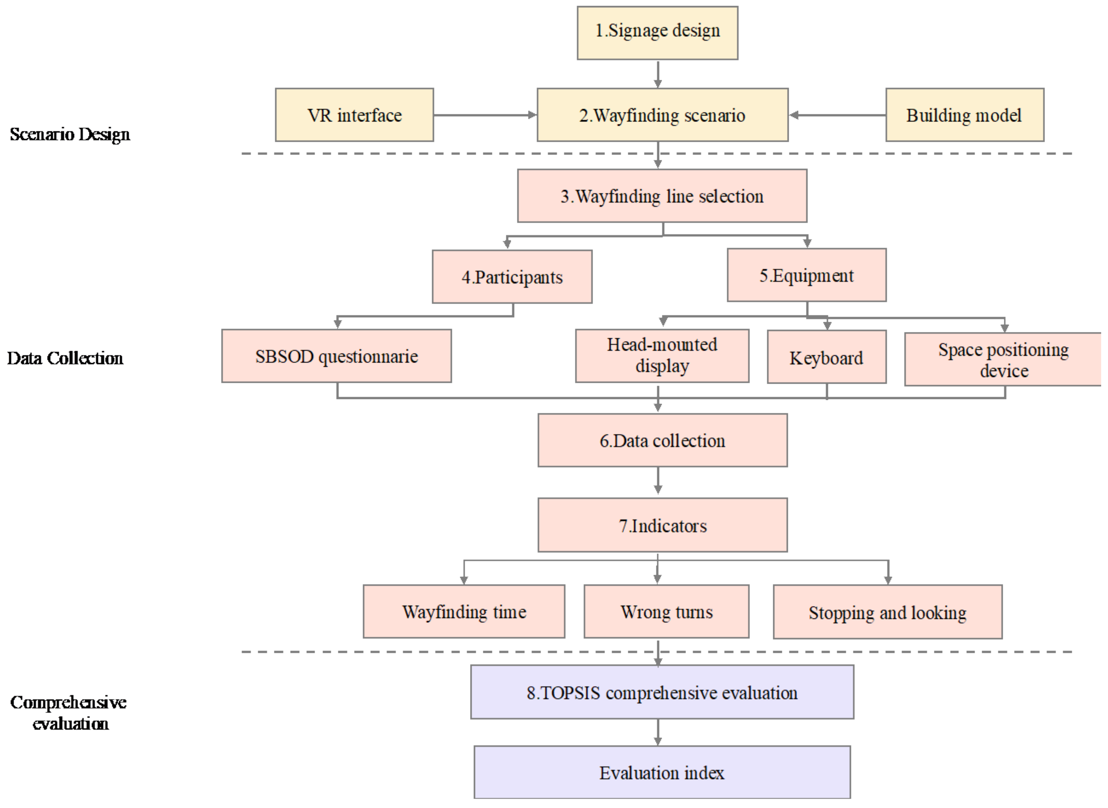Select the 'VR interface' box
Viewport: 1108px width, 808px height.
[354, 115]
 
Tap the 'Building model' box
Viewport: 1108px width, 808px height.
[964, 115]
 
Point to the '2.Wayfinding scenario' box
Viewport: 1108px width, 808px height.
[662, 115]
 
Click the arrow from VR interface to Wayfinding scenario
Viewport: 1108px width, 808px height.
[484, 115]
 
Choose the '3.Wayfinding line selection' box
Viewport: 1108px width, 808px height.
[662, 196]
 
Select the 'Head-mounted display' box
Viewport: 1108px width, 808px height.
[662, 356]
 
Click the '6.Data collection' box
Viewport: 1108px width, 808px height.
[662, 440]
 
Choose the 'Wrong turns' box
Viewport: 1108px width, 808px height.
[666, 611]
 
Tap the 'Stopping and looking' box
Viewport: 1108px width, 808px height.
[887, 612]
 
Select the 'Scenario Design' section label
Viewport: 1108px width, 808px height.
[70, 134]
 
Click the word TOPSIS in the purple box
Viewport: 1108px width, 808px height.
[570, 693]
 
